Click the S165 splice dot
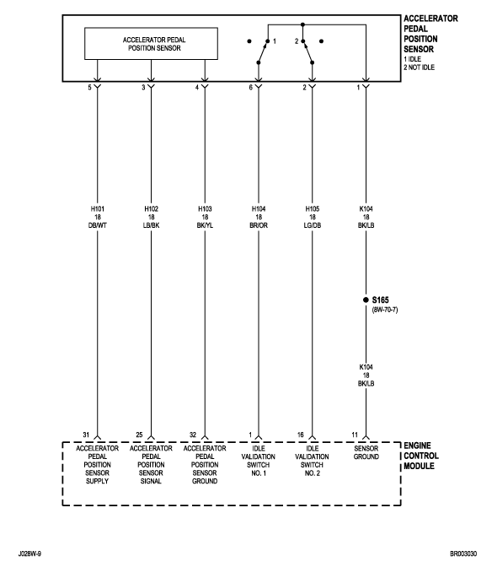coord(366,300)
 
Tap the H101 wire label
coord(97,209)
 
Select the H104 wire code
coord(259,209)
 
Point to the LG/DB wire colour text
coord(313,225)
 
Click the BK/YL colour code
coord(205,225)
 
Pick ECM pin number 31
coord(86,435)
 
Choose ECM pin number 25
coord(139,435)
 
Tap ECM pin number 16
coord(300,435)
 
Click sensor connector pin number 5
coord(89,88)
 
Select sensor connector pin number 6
coord(250,88)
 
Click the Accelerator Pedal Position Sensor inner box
coord(151,43)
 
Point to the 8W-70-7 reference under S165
coord(385,310)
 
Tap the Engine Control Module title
coord(421,456)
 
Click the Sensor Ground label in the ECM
coord(366,452)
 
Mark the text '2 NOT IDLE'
coord(419,67)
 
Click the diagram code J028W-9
coord(29,553)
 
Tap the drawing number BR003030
coord(463,553)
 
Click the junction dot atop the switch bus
coord(302,24)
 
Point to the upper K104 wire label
coord(366,209)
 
